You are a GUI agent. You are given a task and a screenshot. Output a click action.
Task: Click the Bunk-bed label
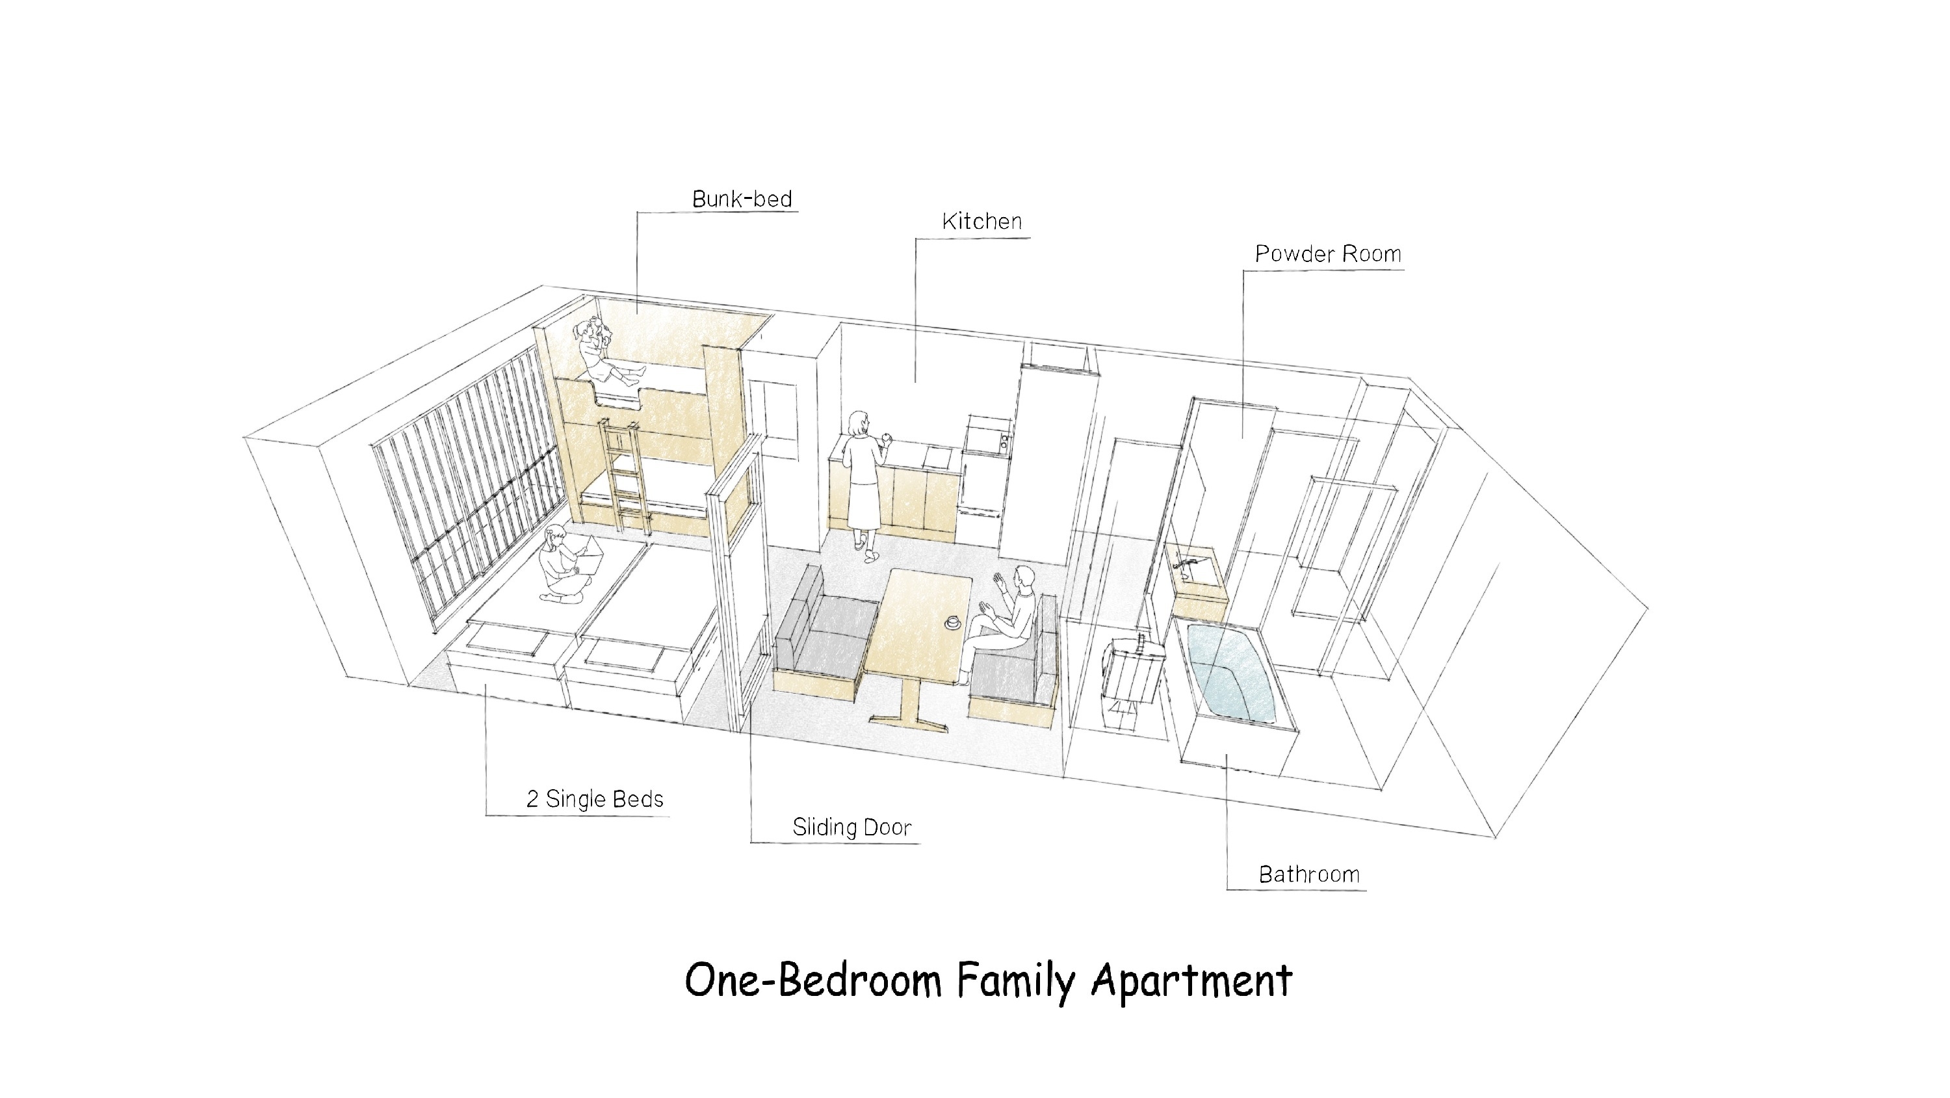(x=742, y=199)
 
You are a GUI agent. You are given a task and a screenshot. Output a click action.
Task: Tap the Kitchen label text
(x=981, y=221)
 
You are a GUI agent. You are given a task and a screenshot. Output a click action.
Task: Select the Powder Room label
(x=1328, y=254)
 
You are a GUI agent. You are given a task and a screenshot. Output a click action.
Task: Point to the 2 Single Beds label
(x=595, y=799)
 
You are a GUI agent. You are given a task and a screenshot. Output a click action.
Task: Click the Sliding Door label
(x=851, y=827)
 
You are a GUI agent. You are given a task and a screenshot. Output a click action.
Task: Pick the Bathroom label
(x=1309, y=874)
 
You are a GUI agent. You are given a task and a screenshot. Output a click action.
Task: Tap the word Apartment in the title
(x=1191, y=982)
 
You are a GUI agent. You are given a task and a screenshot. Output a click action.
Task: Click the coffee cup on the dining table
(x=952, y=622)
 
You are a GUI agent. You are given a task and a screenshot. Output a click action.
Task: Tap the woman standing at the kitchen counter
(x=864, y=484)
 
